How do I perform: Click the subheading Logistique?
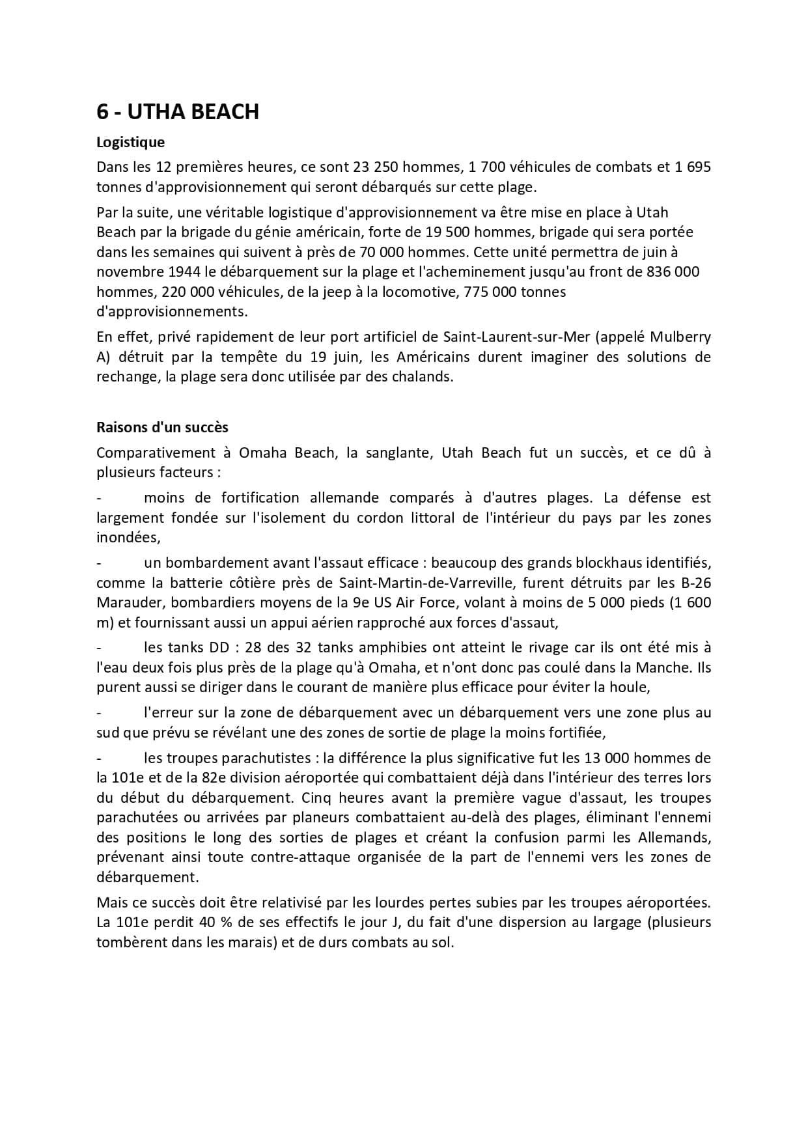pyautogui.click(x=130, y=142)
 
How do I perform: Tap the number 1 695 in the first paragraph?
pyautogui.click(x=693, y=167)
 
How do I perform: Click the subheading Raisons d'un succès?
pyautogui.click(x=162, y=427)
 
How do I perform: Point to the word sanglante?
pyautogui.click(x=397, y=453)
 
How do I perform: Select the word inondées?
pyautogui.click(x=127, y=538)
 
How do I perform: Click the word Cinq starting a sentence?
pyautogui.click(x=315, y=798)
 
